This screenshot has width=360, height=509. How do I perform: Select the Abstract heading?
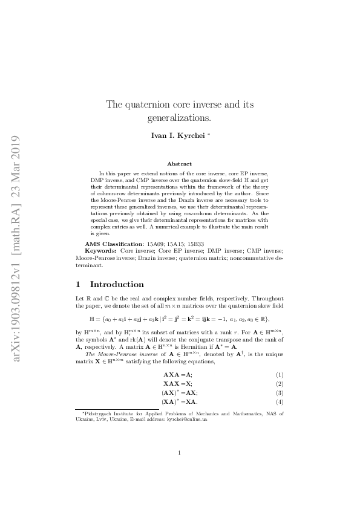tap(180, 164)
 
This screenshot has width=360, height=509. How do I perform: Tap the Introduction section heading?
tap(117, 284)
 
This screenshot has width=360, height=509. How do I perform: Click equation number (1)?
tap(280, 375)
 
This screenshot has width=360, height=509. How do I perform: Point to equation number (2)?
tap(280, 384)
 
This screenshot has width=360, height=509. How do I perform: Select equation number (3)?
tap(280, 392)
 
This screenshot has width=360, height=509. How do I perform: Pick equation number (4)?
tap(280, 401)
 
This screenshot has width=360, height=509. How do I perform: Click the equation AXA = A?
tap(177, 375)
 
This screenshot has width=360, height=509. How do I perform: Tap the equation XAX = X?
tap(178, 384)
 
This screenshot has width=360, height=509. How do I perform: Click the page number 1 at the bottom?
tap(180, 470)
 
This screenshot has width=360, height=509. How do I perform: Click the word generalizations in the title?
tap(179, 117)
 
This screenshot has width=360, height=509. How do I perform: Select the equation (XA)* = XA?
tap(179, 401)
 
